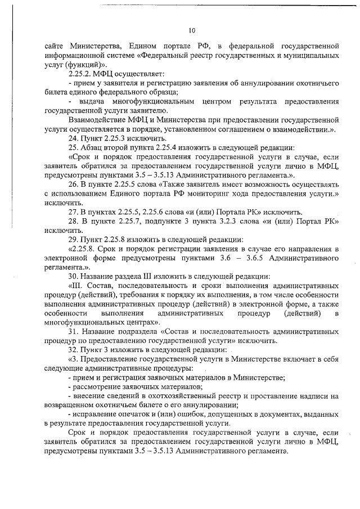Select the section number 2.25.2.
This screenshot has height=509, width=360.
(80, 74)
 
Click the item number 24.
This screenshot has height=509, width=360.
(73, 138)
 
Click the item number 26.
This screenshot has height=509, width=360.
(73, 184)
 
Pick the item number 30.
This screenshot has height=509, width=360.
(73, 276)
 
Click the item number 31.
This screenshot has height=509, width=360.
(73, 331)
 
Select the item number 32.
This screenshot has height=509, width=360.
(73, 349)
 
